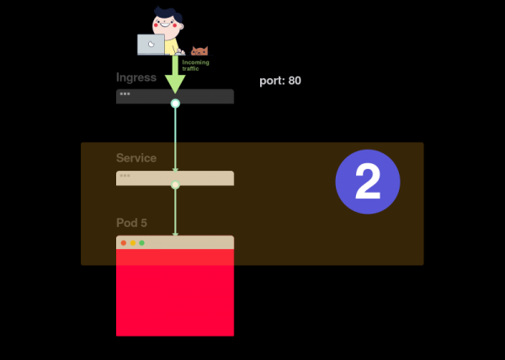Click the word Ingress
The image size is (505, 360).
click(136, 77)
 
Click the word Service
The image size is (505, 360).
click(136, 158)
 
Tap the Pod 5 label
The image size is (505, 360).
click(131, 223)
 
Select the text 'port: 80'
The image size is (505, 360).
click(280, 81)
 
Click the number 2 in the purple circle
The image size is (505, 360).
click(368, 181)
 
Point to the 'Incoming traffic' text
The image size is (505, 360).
click(195, 64)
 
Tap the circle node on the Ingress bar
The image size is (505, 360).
click(175, 103)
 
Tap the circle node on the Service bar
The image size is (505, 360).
click(175, 184)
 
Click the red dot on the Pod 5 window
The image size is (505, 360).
click(124, 243)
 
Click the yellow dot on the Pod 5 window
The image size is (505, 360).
click(133, 243)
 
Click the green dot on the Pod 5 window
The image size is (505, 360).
click(141, 243)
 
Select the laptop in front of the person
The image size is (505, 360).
click(151, 45)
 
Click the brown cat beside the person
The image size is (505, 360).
click(199, 51)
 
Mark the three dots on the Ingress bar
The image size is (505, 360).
click(125, 94)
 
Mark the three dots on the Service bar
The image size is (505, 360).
click(125, 176)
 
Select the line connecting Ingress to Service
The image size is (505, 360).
click(175, 139)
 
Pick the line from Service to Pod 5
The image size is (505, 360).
click(175, 210)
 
